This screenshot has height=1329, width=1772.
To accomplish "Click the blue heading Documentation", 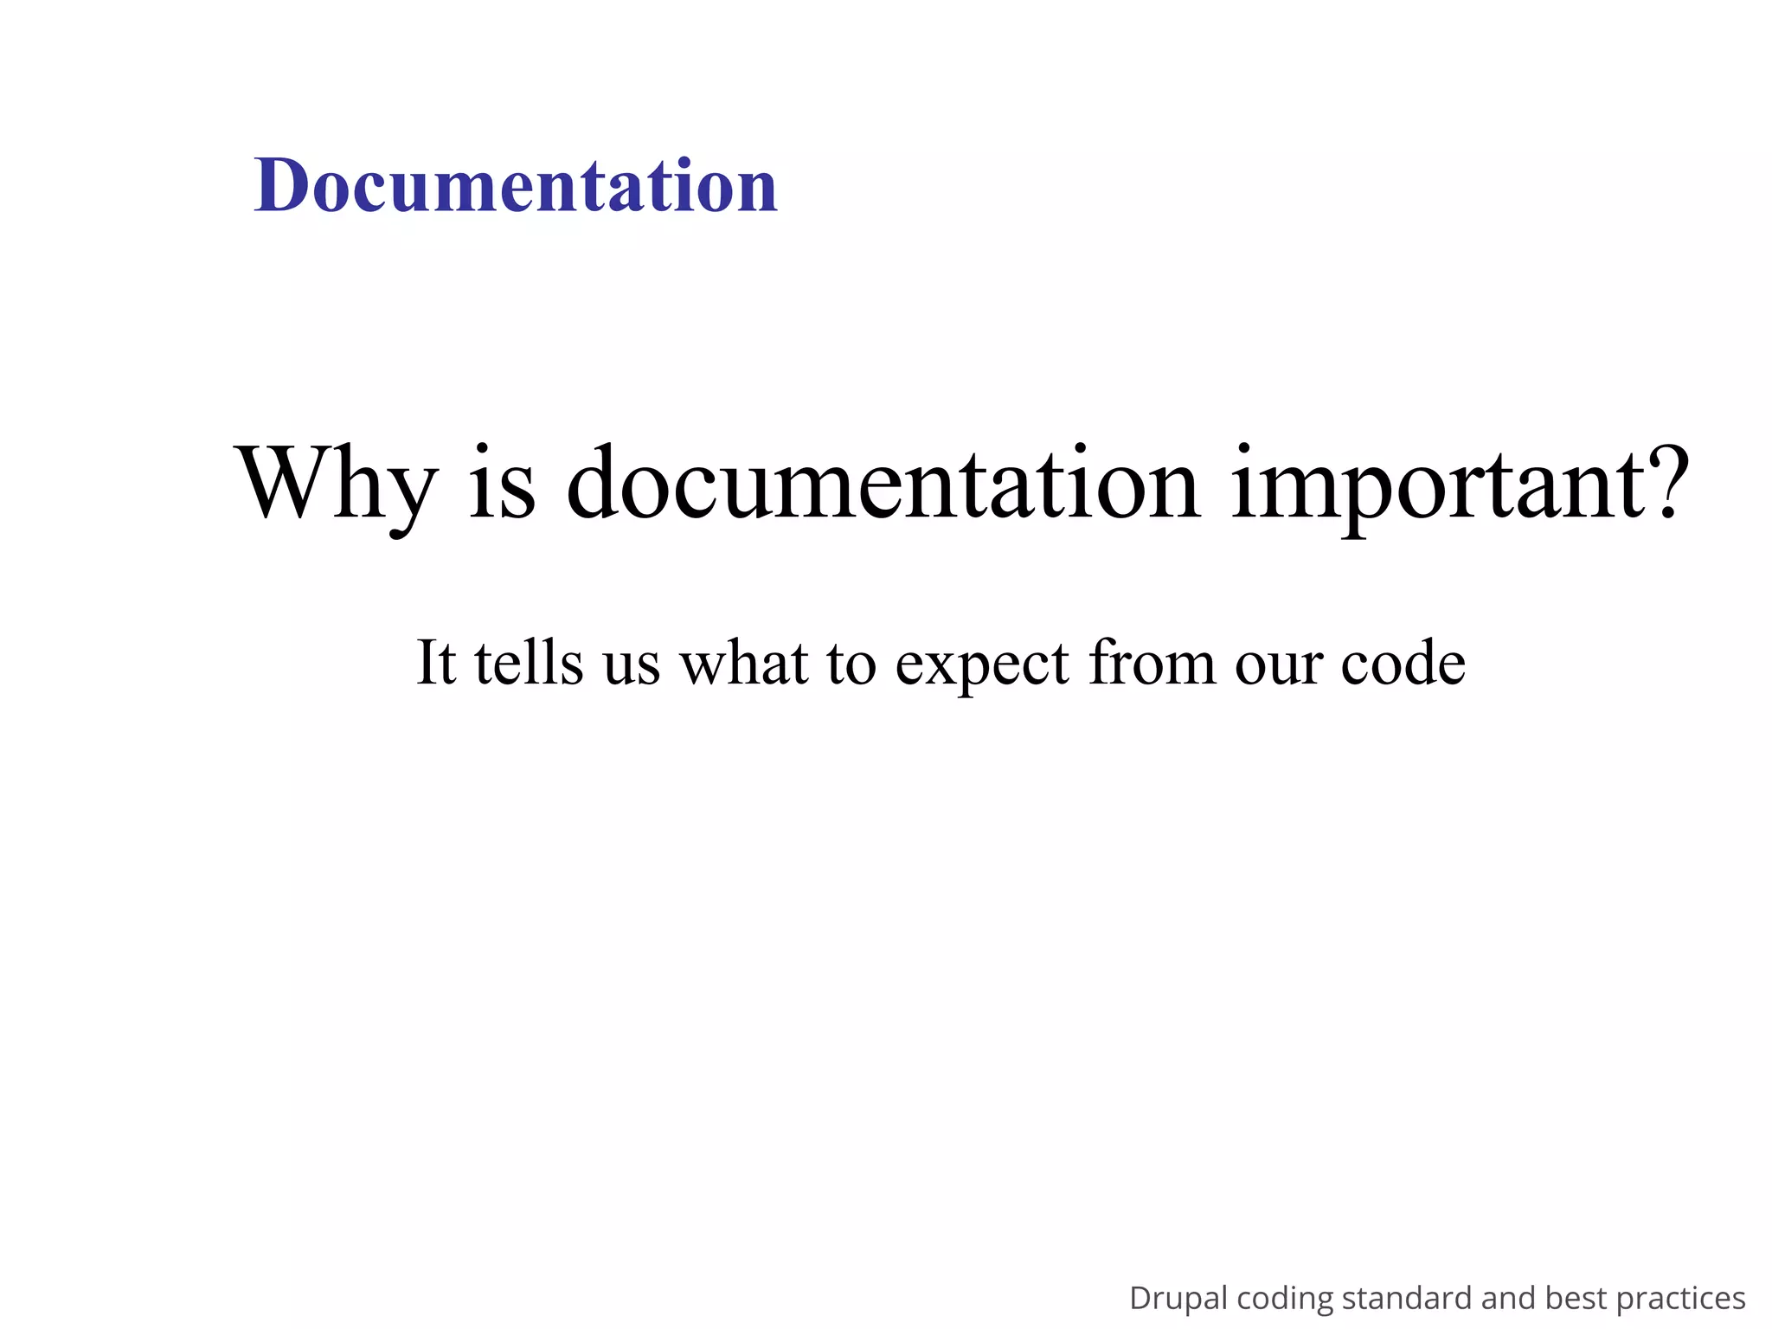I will point(516,185).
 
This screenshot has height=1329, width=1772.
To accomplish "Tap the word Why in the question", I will point(336,485).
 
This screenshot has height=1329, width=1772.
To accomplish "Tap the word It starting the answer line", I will point(436,663).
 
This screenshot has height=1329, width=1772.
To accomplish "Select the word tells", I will point(529,663).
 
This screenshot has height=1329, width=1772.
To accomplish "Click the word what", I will point(745,663).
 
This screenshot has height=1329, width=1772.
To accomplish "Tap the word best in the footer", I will point(1576,1298).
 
